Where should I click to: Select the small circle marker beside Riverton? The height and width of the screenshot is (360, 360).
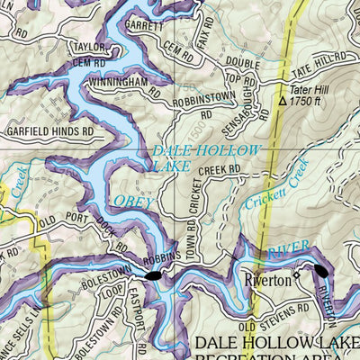(x=297, y=278)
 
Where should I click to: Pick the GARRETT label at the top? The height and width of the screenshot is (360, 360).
(x=145, y=26)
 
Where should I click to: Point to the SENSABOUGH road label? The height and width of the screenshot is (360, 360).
(x=254, y=109)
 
